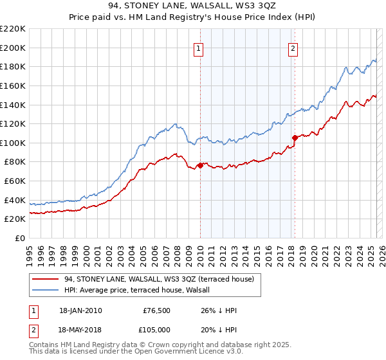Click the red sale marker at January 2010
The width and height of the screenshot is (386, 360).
(x=200, y=165)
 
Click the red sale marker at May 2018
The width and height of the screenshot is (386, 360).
(x=295, y=137)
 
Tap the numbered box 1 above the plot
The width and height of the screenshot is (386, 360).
(x=199, y=48)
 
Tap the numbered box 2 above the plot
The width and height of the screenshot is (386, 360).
(x=293, y=48)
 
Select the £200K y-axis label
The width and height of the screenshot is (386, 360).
(x=13, y=48)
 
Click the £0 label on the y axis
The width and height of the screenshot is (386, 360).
(x=19, y=238)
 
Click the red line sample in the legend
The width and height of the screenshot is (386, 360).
(x=44, y=279)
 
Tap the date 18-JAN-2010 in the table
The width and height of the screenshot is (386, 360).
(x=80, y=310)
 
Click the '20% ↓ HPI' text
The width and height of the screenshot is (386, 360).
(x=219, y=329)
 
